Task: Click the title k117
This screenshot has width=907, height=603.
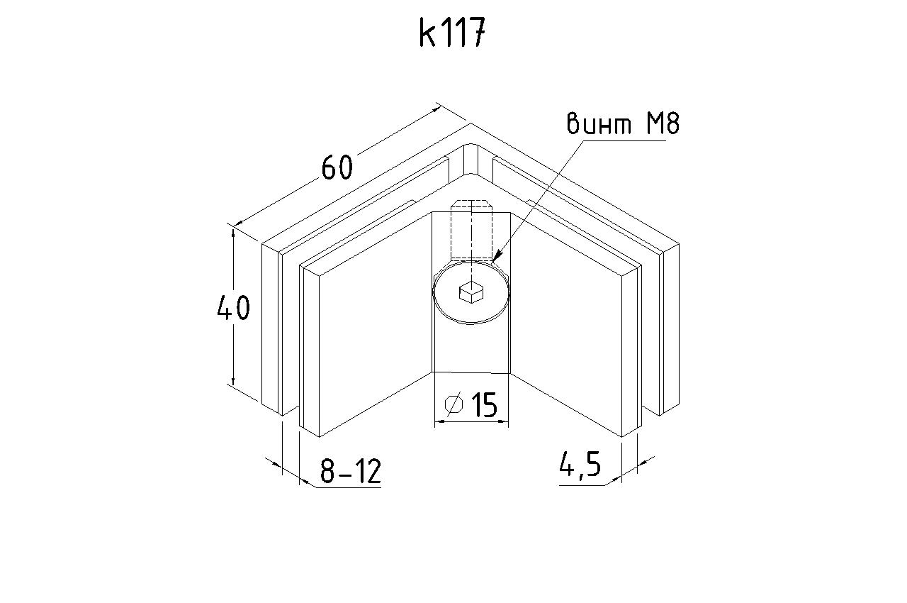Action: (452, 33)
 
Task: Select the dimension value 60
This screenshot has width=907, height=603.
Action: (337, 167)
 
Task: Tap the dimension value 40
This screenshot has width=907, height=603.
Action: (234, 308)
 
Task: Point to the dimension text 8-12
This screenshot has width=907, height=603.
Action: (351, 471)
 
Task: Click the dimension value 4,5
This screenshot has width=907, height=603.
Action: (580, 465)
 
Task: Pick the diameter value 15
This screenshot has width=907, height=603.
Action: (484, 405)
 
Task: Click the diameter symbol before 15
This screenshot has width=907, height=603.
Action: (453, 404)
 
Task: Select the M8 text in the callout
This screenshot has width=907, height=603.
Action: (663, 123)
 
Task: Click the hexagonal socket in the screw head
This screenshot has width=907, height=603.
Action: (471, 292)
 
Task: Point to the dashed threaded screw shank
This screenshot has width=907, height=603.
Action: (471, 229)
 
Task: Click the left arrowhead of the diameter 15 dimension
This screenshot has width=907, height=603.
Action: (440, 422)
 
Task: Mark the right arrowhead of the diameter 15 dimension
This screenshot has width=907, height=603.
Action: (503, 422)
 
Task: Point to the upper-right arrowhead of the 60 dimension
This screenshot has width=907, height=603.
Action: (436, 109)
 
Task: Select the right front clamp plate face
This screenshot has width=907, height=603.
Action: (566, 324)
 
